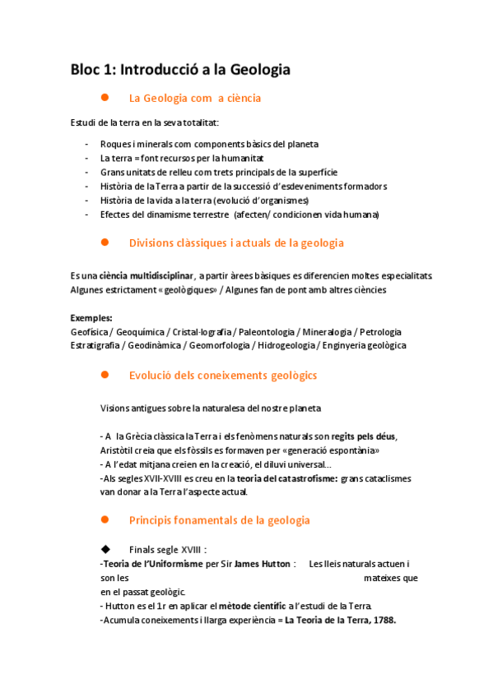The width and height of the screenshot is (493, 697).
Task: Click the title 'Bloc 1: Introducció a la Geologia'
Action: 180,70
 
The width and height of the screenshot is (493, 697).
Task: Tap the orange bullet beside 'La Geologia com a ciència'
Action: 105,98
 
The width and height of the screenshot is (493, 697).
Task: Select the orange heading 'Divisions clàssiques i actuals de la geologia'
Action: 236,243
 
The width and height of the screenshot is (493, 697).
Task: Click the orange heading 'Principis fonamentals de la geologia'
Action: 220,520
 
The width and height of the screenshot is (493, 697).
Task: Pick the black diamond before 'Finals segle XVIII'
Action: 105,549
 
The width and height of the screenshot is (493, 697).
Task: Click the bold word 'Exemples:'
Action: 91,318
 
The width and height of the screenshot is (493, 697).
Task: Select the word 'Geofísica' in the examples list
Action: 90,332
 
